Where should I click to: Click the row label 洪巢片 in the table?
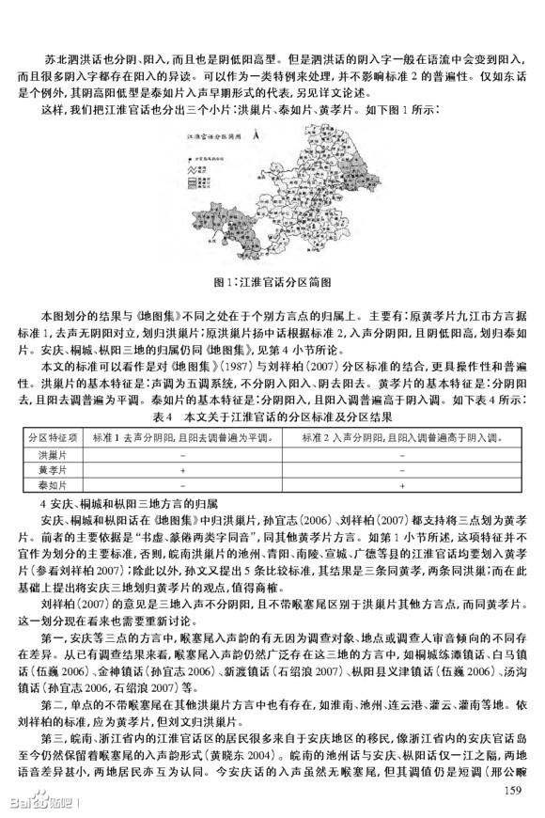pyautogui.click(x=42, y=454)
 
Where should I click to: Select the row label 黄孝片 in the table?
pyautogui.click(x=42, y=469)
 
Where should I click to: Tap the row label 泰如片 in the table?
pyautogui.click(x=42, y=484)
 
